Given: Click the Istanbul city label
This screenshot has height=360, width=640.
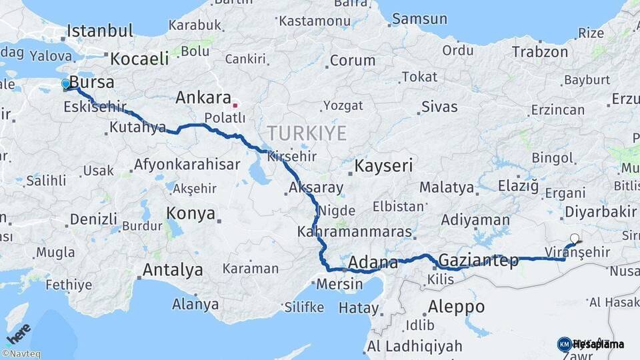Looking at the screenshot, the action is (x=101, y=31).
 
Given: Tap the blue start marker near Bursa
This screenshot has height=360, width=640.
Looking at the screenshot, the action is (x=65, y=84).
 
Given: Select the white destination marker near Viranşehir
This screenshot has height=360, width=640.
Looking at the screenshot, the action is (x=575, y=238).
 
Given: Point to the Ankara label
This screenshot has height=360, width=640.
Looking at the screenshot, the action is (x=203, y=98).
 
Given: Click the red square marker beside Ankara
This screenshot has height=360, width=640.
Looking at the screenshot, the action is (x=235, y=105).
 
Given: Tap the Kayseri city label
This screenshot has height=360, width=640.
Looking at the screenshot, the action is (x=384, y=165).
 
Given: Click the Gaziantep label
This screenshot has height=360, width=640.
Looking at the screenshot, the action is (x=479, y=261).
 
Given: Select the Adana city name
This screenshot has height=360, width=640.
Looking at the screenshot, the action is (x=373, y=262).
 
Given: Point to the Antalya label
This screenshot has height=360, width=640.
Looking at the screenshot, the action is (x=173, y=271).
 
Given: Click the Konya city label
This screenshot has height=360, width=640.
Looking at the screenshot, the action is (x=191, y=214).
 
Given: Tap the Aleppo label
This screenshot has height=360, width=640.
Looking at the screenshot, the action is (x=456, y=307).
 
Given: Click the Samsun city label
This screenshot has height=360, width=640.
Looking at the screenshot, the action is (x=419, y=19).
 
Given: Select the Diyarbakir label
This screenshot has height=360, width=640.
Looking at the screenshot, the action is (x=600, y=212).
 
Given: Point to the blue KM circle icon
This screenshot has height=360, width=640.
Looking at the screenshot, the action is (x=564, y=344).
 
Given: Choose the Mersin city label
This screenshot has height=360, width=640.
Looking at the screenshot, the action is (x=341, y=284).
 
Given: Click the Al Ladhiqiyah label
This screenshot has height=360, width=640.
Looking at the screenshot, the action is (x=414, y=347).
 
